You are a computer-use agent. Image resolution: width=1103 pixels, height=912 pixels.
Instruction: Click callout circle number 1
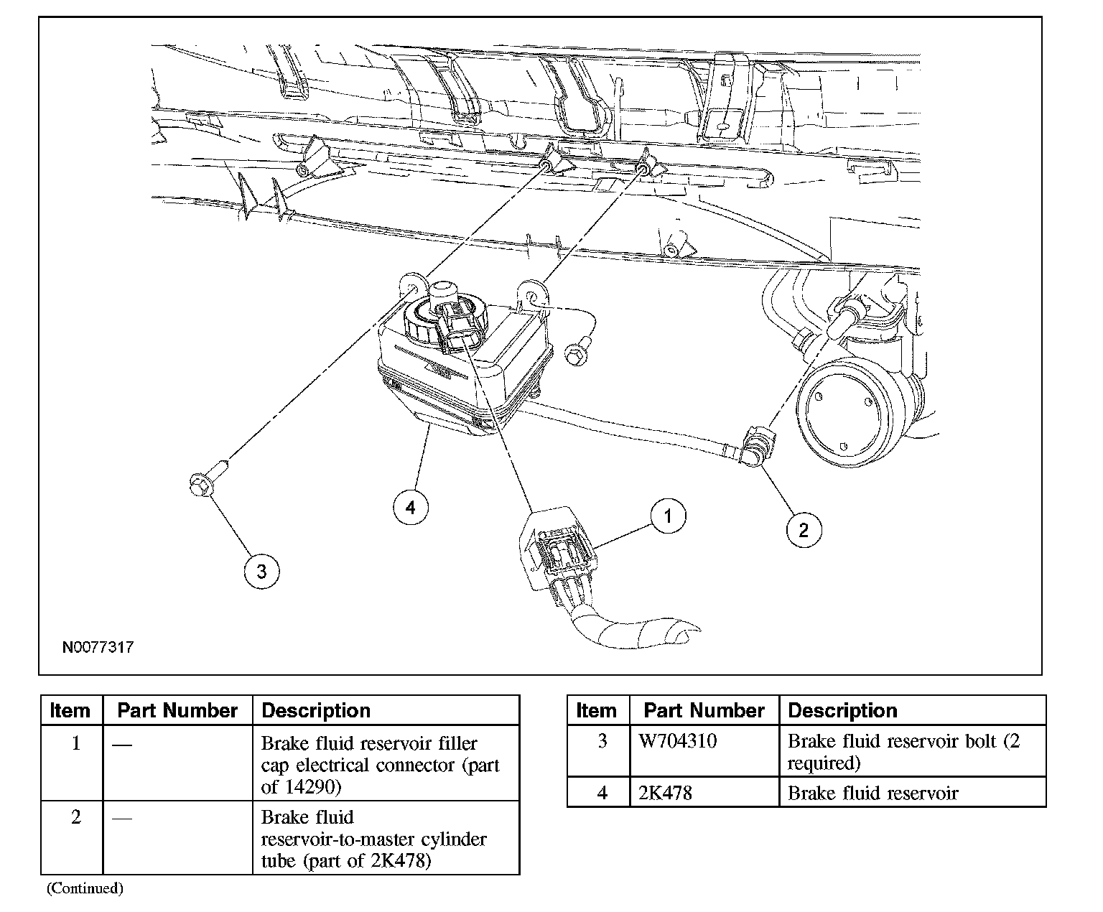(x=668, y=516)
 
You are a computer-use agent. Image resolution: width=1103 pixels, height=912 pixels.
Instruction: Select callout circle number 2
(x=803, y=530)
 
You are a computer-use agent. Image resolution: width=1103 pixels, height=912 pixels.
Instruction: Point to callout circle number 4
(x=410, y=508)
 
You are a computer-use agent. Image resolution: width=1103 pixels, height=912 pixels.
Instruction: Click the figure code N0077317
(x=98, y=647)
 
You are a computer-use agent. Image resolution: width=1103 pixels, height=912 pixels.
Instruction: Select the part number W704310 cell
(x=677, y=740)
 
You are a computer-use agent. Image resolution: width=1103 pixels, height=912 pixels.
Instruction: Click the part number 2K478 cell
(x=665, y=793)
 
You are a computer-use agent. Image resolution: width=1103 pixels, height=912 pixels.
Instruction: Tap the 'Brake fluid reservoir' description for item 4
(x=872, y=793)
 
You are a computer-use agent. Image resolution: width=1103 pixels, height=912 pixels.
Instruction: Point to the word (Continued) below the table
(x=85, y=888)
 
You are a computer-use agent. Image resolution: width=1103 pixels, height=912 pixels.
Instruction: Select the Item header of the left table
(x=70, y=710)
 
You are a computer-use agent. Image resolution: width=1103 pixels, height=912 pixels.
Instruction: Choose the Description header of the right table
(x=842, y=710)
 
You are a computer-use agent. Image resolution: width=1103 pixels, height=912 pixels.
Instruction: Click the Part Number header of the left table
(x=177, y=710)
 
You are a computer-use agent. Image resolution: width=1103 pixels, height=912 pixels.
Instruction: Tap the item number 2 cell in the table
(x=75, y=817)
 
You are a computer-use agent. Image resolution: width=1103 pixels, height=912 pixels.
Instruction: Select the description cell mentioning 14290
(x=380, y=765)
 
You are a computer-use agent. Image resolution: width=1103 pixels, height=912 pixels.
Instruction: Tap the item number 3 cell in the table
(x=602, y=740)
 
